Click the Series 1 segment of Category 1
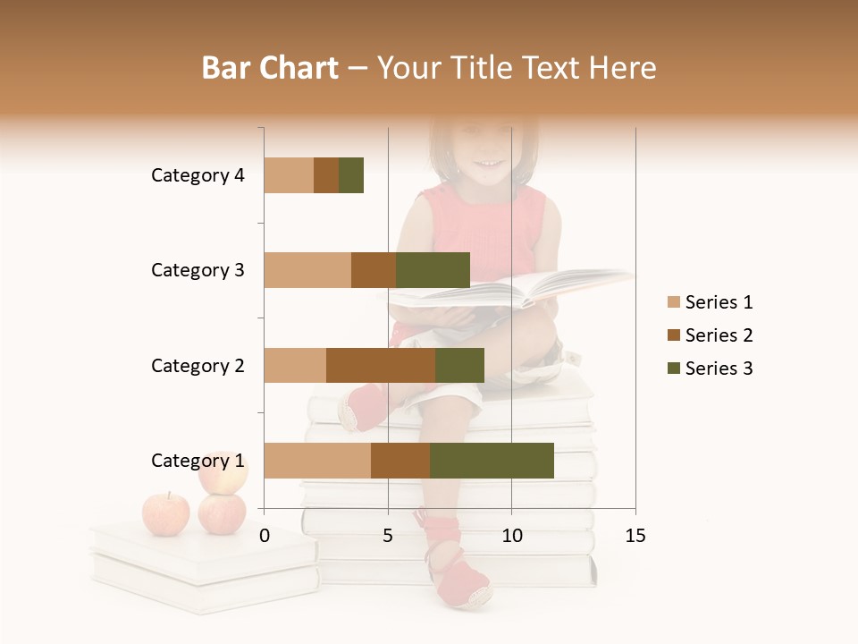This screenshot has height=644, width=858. point(317,461)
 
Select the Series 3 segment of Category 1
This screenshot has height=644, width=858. point(492,461)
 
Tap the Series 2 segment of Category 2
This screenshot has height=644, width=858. point(381,365)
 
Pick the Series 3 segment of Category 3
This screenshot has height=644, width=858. point(433,270)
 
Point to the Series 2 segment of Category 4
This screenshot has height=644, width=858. point(326,175)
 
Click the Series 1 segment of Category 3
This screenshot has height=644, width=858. point(307,270)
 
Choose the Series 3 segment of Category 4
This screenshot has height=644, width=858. point(351,175)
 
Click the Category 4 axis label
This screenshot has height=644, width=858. point(198,175)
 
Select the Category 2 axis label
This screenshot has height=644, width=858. point(198,365)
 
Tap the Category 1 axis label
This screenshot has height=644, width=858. point(198,461)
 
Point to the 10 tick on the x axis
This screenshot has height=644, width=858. point(511,536)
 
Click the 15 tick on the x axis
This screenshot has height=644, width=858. point(635,536)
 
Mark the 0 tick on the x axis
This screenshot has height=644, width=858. point(265,536)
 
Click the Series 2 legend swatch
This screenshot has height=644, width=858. point(673,335)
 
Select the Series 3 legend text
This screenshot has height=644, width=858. point(719,369)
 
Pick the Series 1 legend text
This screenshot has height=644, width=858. point(719,302)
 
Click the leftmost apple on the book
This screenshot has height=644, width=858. point(166,514)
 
